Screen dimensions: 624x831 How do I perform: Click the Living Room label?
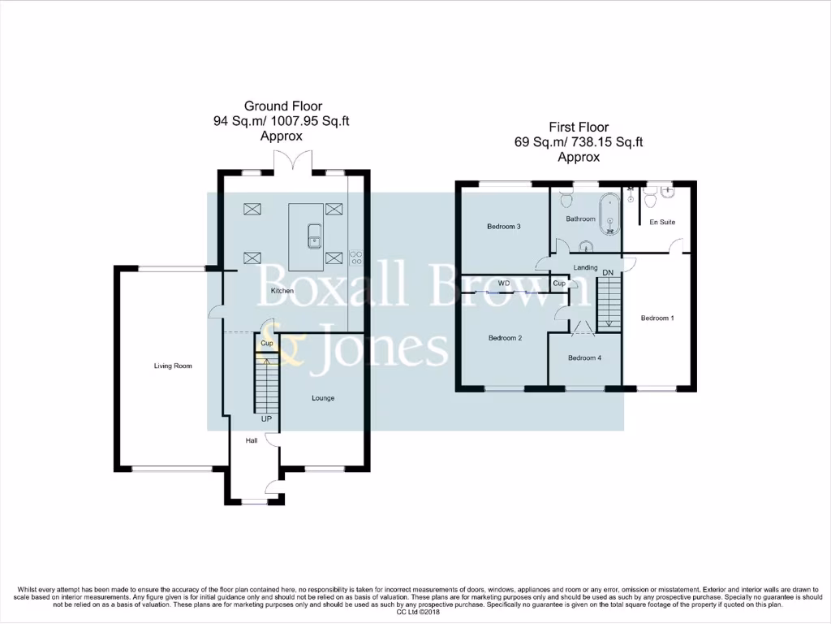pyautogui.click(x=173, y=366)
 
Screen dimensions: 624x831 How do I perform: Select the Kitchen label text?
pyautogui.click(x=282, y=291)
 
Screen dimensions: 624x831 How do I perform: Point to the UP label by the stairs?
pyautogui.click(x=265, y=419)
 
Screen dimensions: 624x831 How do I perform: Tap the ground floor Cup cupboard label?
pyautogui.click(x=266, y=344)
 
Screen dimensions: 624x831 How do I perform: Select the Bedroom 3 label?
pyautogui.click(x=503, y=227)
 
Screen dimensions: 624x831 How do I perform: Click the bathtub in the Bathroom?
pyautogui.click(x=609, y=214)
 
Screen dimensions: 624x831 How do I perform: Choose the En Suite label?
pyautogui.click(x=662, y=222)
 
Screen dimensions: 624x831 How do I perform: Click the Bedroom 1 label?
pyautogui.click(x=657, y=318)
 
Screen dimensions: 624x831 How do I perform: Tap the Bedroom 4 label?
pyautogui.click(x=584, y=357)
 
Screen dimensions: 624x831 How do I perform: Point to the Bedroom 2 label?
pyautogui.click(x=504, y=338)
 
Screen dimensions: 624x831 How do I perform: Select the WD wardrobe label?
pyautogui.click(x=503, y=284)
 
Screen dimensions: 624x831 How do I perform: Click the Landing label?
pyautogui.click(x=585, y=267)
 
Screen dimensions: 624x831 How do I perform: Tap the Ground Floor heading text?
pyautogui.click(x=283, y=106)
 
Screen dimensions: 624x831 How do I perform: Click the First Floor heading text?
pyautogui.click(x=578, y=127)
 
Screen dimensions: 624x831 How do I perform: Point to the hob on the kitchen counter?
pyautogui.click(x=355, y=256)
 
